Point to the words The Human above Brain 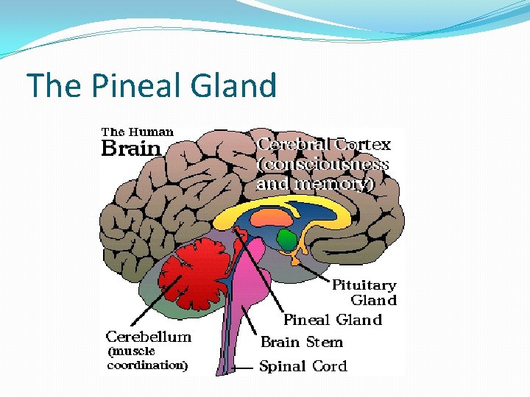tap(138, 132)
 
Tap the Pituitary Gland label tap(364, 292)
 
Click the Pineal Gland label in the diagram tap(333, 320)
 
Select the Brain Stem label tap(302, 342)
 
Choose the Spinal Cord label tap(303, 365)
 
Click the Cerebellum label tap(149, 337)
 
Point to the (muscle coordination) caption tap(148, 358)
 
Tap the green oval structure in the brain tap(287, 239)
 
